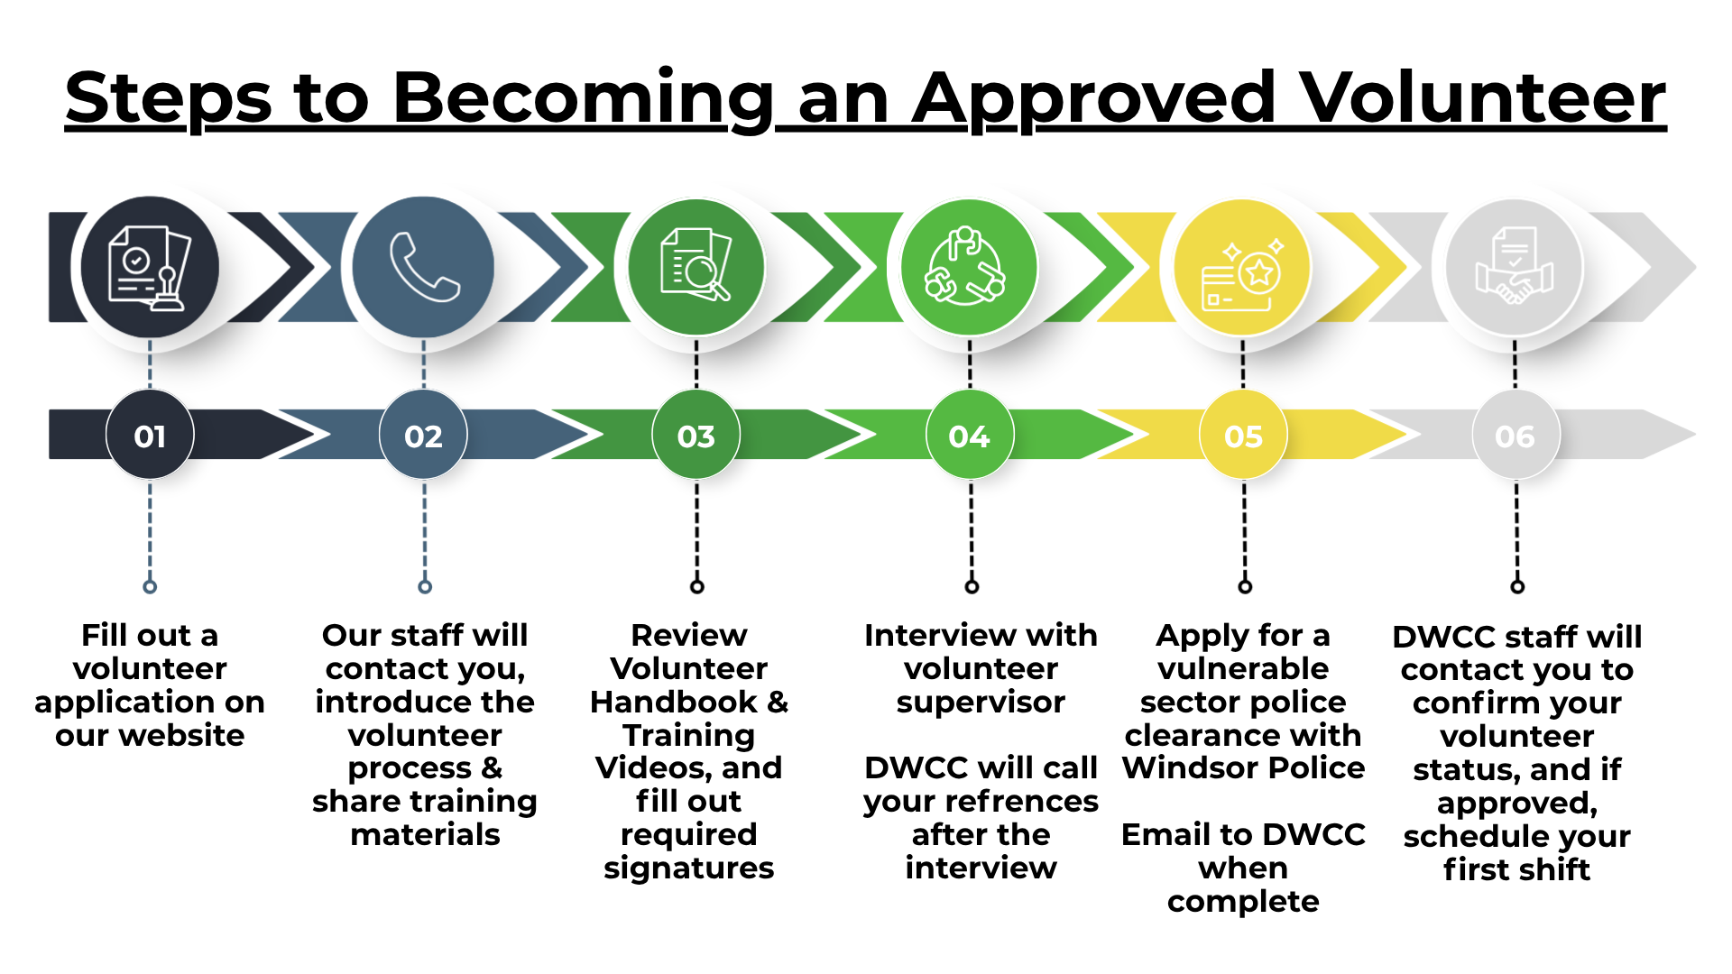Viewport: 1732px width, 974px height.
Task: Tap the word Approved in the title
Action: [x=1094, y=99]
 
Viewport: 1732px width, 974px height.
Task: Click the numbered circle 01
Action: [x=150, y=436]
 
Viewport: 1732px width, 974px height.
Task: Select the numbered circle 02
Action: [x=423, y=436]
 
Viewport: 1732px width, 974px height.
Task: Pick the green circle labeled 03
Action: [x=696, y=436]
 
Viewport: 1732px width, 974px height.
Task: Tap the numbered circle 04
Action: [x=970, y=436]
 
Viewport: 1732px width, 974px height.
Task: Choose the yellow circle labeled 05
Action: [x=1243, y=436]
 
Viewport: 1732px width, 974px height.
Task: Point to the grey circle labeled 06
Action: [x=1515, y=436]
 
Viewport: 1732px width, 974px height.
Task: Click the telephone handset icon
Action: [x=424, y=267]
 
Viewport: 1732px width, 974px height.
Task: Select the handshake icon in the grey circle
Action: [x=1515, y=268]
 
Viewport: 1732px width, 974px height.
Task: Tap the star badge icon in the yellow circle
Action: [x=1242, y=271]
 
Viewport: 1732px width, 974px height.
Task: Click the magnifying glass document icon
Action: [x=696, y=265]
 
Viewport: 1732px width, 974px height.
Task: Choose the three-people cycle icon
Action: [x=964, y=266]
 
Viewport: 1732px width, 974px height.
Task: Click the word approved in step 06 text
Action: [x=1516, y=803]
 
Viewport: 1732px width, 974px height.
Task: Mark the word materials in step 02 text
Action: [x=425, y=834]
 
